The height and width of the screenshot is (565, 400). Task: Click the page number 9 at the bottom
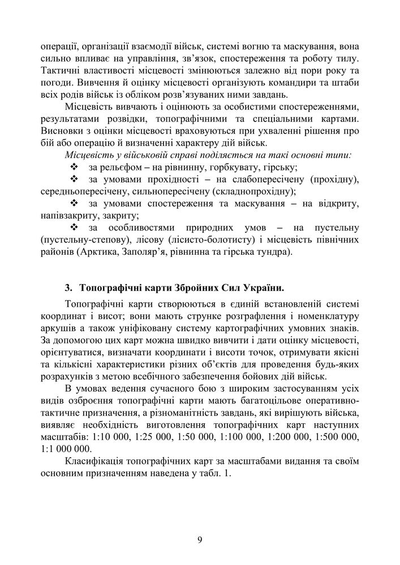(x=200, y=538)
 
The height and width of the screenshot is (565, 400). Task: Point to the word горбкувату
(x=225, y=168)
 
